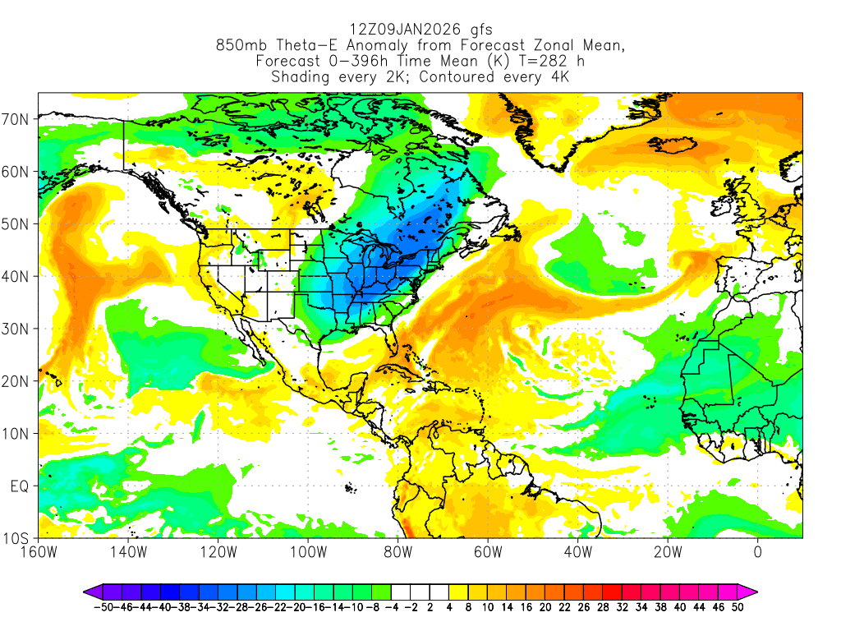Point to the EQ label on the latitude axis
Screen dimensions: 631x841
click(21, 486)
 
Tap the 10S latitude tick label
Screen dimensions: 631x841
click(18, 539)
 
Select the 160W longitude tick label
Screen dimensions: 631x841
click(39, 551)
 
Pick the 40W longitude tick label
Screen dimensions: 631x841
click(577, 551)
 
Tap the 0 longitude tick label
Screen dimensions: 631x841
click(758, 551)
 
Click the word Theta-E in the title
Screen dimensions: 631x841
click(301, 47)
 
